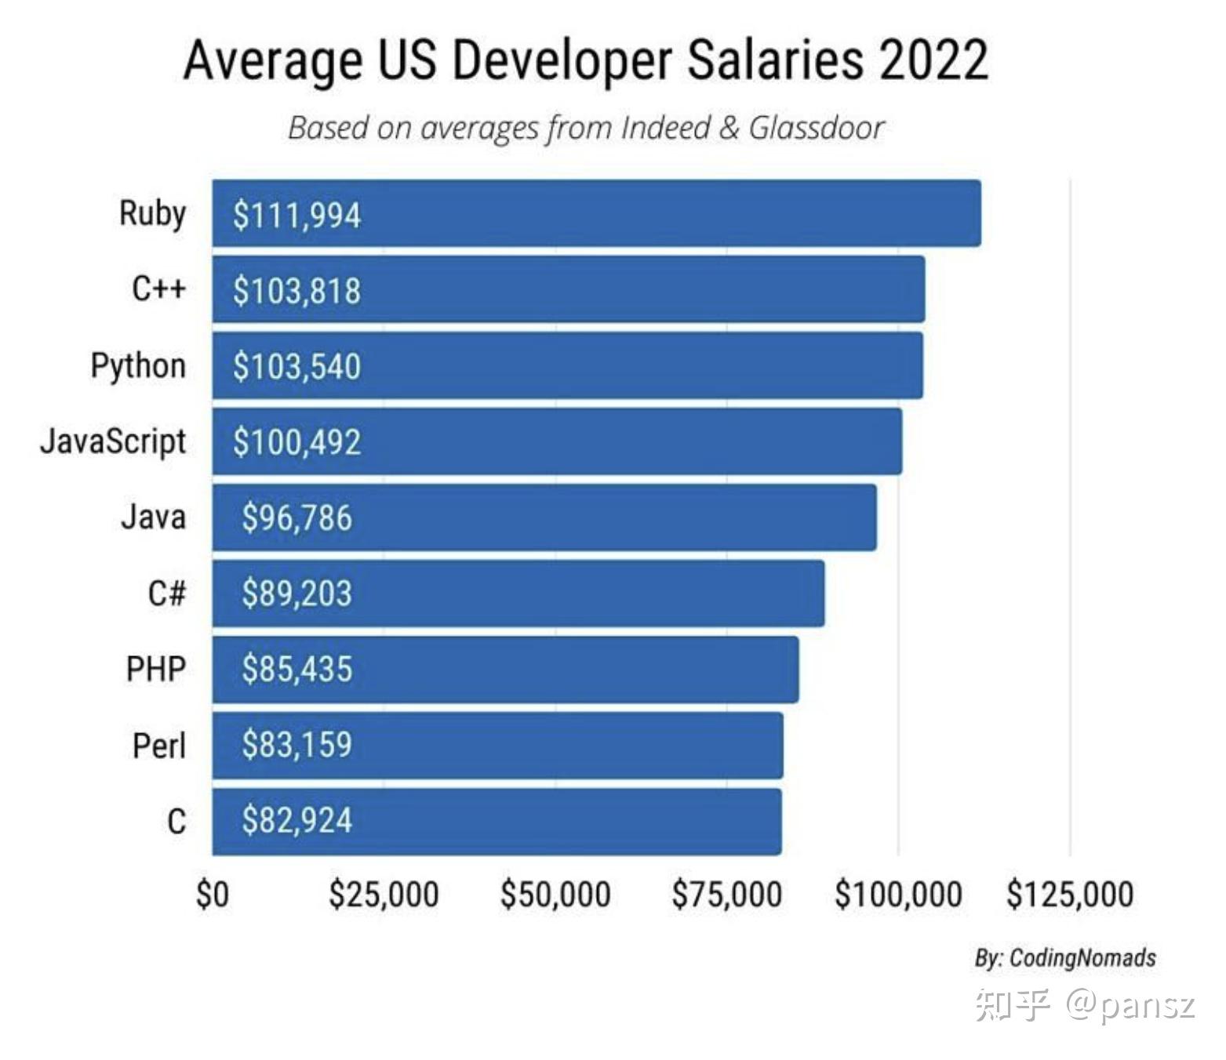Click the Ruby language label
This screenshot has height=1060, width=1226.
pyautogui.click(x=152, y=214)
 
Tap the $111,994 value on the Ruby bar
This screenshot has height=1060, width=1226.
pyautogui.click(x=296, y=215)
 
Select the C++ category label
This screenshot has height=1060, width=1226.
pyautogui.click(x=158, y=289)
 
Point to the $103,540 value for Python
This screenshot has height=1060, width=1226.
pyautogui.click(x=296, y=366)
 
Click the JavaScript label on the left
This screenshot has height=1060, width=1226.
pyautogui.click(x=113, y=441)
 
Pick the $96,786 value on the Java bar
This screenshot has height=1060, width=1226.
pyautogui.click(x=296, y=517)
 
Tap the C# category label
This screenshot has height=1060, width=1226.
pyautogui.click(x=166, y=594)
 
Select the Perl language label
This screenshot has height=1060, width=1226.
pyautogui.click(x=158, y=746)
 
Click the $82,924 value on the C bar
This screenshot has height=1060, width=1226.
pyautogui.click(x=296, y=821)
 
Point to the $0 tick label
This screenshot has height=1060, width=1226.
pyautogui.click(x=212, y=895)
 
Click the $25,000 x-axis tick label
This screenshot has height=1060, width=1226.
pyautogui.click(x=384, y=895)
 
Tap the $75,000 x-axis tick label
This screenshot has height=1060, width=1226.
pyautogui.click(x=726, y=895)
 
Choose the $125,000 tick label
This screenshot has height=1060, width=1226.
pyautogui.click(x=1070, y=895)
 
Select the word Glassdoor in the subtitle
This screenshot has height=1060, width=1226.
pyautogui.click(x=816, y=128)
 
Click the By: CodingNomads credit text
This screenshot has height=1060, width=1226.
pyautogui.click(x=1065, y=958)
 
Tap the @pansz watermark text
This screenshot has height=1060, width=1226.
pyautogui.click(x=1130, y=1005)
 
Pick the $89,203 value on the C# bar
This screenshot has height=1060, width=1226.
pyautogui.click(x=296, y=594)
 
